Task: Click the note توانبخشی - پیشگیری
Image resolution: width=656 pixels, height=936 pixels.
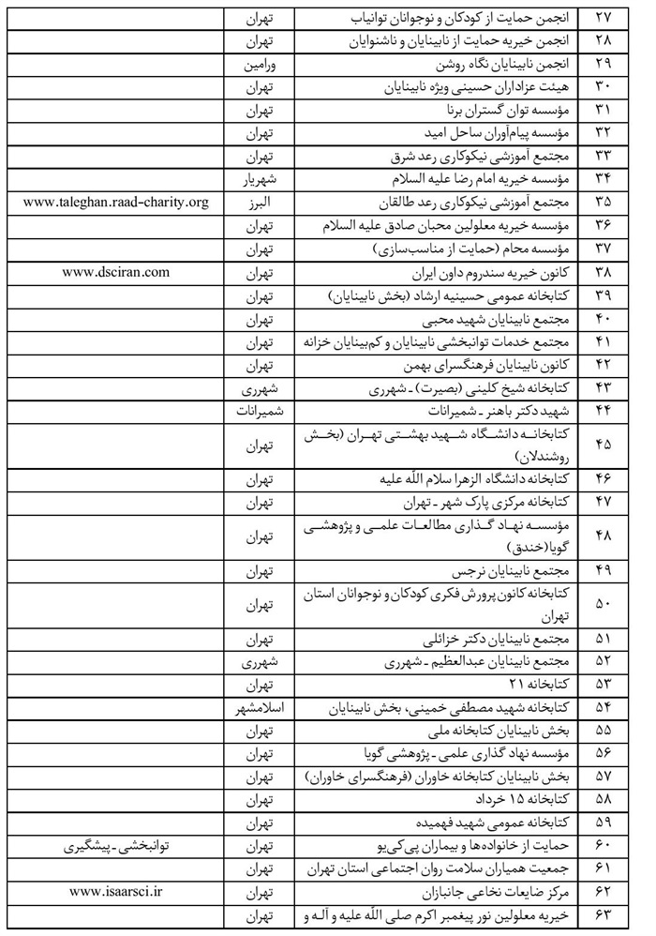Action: pyautogui.click(x=116, y=843)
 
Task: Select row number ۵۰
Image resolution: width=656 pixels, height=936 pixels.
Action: pyautogui.click(x=604, y=604)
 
